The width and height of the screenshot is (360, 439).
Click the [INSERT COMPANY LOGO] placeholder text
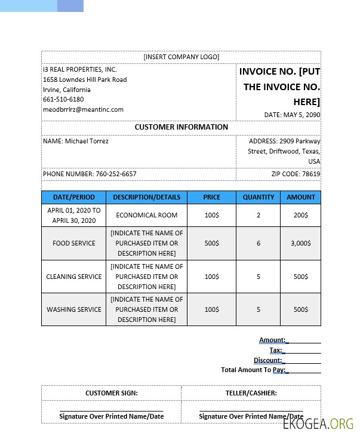tap(181, 57)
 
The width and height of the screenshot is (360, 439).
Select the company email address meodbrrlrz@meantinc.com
tap(83, 109)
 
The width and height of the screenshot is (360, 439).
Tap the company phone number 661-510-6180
tap(63, 99)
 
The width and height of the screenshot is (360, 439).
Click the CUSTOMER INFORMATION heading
tap(181, 127)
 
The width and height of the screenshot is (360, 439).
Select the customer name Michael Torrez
tap(76, 141)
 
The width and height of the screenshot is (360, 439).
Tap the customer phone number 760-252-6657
tap(90, 174)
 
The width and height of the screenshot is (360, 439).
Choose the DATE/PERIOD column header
tap(73, 197)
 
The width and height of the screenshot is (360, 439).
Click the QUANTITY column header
tap(259, 197)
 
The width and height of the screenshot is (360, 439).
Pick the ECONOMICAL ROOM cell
tap(146, 215)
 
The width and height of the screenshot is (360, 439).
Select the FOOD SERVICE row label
tap(73, 243)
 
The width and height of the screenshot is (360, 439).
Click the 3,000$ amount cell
tap(300, 243)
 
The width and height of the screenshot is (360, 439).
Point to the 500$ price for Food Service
tap(211, 243)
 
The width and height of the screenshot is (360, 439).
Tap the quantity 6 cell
tap(259, 243)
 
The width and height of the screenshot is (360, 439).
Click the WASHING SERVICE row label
tap(73, 309)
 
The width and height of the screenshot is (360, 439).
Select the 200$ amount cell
tap(300, 215)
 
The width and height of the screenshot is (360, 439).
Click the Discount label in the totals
tap(267, 360)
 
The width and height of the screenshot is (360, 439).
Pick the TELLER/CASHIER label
tap(251, 393)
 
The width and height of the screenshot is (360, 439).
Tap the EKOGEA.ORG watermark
tap(318, 424)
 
